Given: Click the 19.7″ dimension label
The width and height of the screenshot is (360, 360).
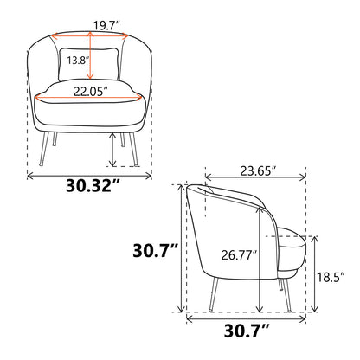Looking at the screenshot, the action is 106,26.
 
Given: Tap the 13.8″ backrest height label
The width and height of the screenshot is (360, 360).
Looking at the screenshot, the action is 78,61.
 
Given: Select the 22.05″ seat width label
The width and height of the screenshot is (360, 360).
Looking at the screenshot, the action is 91,92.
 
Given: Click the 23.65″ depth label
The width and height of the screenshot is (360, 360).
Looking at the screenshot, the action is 257,170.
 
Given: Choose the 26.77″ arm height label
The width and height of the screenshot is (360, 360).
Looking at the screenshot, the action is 239,255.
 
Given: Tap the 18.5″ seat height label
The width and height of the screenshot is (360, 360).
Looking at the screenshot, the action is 331,277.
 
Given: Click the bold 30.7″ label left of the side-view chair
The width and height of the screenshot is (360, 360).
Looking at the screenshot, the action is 155,250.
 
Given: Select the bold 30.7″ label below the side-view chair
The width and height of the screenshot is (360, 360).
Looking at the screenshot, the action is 247,331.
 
